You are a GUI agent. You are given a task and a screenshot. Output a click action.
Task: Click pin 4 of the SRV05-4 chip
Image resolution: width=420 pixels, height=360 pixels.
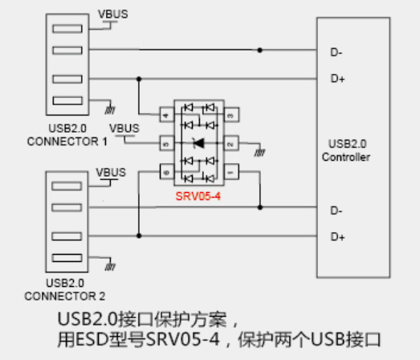[x=166, y=115]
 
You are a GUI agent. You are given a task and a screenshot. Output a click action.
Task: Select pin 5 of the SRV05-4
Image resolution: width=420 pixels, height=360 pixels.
[x=166, y=143]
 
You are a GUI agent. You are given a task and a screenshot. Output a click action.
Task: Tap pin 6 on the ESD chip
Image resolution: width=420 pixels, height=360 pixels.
[x=166, y=172]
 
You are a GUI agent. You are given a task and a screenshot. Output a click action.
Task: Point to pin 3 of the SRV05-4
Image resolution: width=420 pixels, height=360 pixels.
[x=231, y=115]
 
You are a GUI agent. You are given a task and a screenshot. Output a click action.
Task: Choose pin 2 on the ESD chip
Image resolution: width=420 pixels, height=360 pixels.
[x=231, y=143]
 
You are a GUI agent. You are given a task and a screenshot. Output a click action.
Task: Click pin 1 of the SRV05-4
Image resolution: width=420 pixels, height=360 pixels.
[x=231, y=172]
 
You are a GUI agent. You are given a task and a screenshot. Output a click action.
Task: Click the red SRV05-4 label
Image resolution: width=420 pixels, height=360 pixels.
[x=198, y=197]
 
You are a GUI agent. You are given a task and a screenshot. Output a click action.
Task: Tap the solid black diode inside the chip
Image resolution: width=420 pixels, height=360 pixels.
[x=199, y=143]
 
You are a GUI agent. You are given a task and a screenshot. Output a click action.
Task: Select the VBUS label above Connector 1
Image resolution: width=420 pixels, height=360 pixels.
[x=112, y=14]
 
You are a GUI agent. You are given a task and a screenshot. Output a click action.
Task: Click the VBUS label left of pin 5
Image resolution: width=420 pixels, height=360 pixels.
[x=124, y=129]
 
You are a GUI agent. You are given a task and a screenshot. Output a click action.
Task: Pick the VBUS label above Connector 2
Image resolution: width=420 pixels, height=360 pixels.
[x=111, y=172]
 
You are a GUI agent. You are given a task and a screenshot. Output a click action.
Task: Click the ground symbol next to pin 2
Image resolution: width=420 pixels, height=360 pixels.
[x=259, y=153]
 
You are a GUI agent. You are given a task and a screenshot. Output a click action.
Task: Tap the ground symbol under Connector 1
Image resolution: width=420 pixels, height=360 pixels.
[x=110, y=110]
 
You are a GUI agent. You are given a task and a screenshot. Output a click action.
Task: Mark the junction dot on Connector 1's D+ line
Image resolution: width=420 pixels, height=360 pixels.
[x=139, y=79]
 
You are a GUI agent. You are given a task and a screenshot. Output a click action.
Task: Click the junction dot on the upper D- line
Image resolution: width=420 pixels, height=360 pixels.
[x=259, y=50]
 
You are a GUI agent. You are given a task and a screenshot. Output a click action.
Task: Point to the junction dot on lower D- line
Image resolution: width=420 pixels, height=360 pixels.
[x=260, y=207]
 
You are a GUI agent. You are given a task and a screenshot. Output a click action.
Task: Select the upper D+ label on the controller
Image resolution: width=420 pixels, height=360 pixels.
[x=337, y=79]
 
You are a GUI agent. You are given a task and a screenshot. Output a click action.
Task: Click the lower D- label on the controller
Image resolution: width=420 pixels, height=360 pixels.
[x=336, y=211]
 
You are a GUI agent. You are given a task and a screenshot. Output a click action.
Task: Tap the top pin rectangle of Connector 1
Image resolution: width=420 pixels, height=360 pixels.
[x=67, y=29]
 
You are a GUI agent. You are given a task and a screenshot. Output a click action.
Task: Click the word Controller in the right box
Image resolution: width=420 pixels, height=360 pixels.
[x=346, y=157]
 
